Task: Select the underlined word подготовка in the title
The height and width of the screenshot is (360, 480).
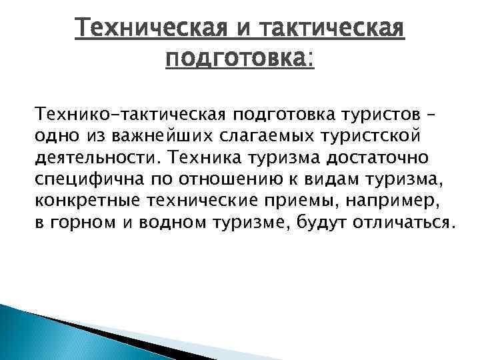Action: [236, 59]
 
